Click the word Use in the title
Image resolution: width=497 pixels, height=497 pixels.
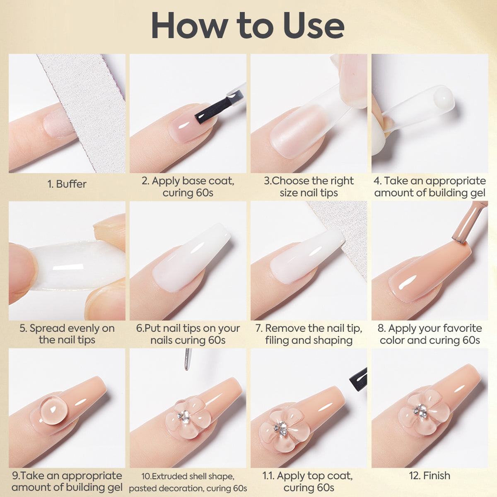click(x=314, y=26)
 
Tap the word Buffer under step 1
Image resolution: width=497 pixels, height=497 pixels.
click(x=71, y=184)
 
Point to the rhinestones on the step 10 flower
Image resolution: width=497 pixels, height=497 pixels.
click(x=184, y=416)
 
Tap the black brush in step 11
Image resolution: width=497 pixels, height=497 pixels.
click(x=359, y=379)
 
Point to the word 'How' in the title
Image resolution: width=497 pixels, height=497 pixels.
click(x=190, y=26)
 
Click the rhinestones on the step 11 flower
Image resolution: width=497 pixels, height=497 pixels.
click(x=281, y=427)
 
